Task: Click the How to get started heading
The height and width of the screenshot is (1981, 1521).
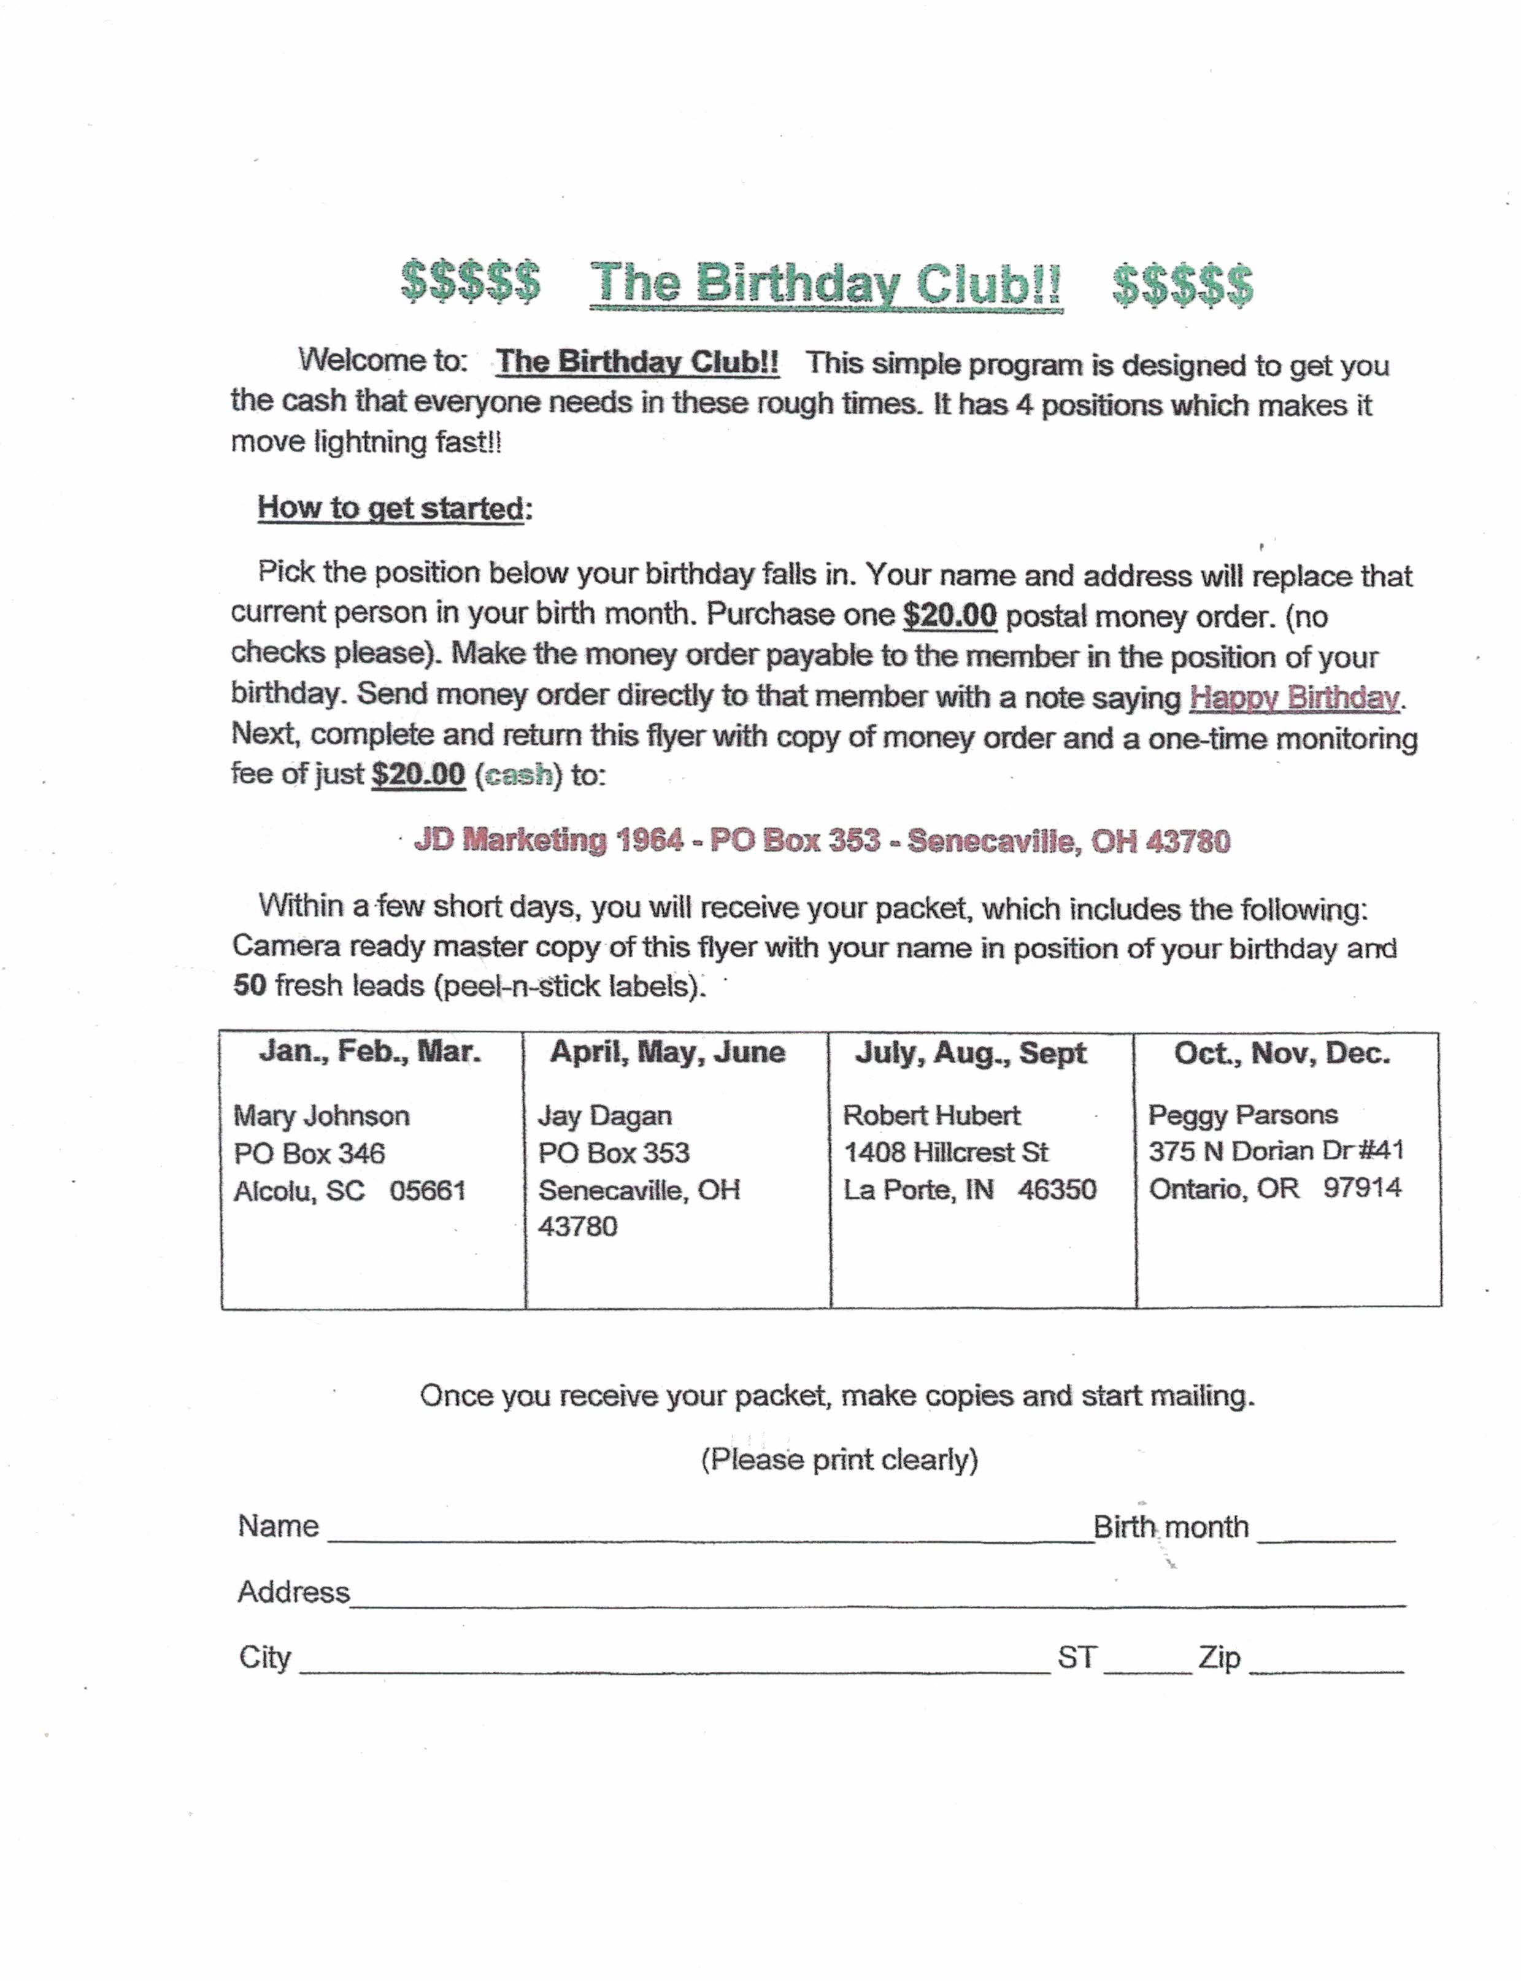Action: point(391,508)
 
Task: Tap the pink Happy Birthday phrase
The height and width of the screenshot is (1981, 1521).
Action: point(1294,698)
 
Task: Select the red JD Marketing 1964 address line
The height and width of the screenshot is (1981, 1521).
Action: point(822,841)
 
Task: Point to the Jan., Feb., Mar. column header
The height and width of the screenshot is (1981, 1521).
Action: point(369,1052)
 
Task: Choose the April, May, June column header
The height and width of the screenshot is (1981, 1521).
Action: point(668,1052)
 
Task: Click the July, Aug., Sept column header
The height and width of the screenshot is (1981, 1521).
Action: point(971,1053)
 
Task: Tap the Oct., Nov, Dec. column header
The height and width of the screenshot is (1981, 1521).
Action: point(1282,1053)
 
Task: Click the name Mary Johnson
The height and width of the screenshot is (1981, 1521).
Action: point(322,1115)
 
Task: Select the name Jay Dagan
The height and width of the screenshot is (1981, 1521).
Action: point(605,1115)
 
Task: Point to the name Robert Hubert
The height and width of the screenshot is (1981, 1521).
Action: point(931,1115)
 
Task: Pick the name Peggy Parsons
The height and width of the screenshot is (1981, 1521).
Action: point(1243,1115)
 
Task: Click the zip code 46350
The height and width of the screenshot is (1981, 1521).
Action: point(1057,1189)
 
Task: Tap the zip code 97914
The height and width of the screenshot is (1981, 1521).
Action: point(1363,1188)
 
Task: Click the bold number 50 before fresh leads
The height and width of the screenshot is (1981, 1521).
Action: point(249,985)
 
